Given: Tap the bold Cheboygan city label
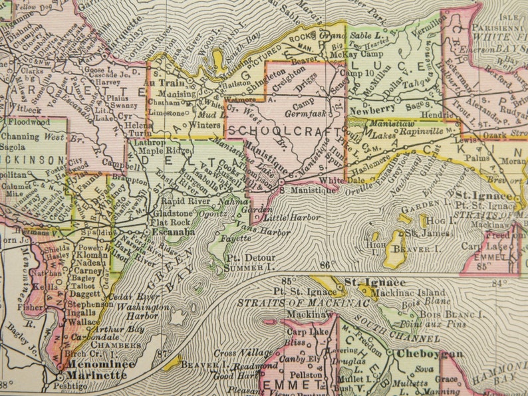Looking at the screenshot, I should (426, 353).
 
